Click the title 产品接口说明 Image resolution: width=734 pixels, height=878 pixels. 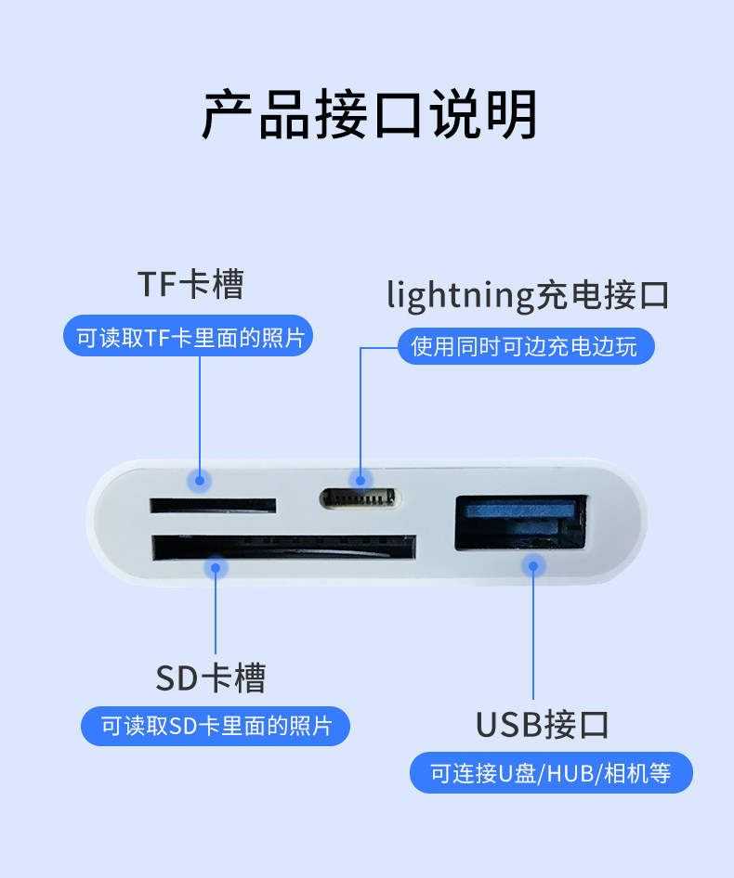369,114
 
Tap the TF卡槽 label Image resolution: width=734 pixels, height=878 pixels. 190,284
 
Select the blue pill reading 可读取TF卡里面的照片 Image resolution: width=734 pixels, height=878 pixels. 189,337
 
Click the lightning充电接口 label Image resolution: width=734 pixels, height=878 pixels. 528,295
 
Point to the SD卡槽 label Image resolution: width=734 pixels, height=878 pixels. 210,678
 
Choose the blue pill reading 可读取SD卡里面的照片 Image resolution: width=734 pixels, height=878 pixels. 216,726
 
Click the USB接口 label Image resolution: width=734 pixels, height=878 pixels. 543,725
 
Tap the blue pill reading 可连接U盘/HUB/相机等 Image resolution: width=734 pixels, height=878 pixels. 551,772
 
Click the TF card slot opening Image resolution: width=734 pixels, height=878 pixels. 213,506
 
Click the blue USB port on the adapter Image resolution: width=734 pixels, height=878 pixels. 519,524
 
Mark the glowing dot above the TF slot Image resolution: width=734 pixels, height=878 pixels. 199,480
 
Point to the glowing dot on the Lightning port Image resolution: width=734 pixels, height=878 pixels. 360,479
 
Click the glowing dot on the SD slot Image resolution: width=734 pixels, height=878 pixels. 216,566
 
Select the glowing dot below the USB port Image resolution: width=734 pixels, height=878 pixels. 533,564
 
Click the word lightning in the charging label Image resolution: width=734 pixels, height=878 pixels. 461,296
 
